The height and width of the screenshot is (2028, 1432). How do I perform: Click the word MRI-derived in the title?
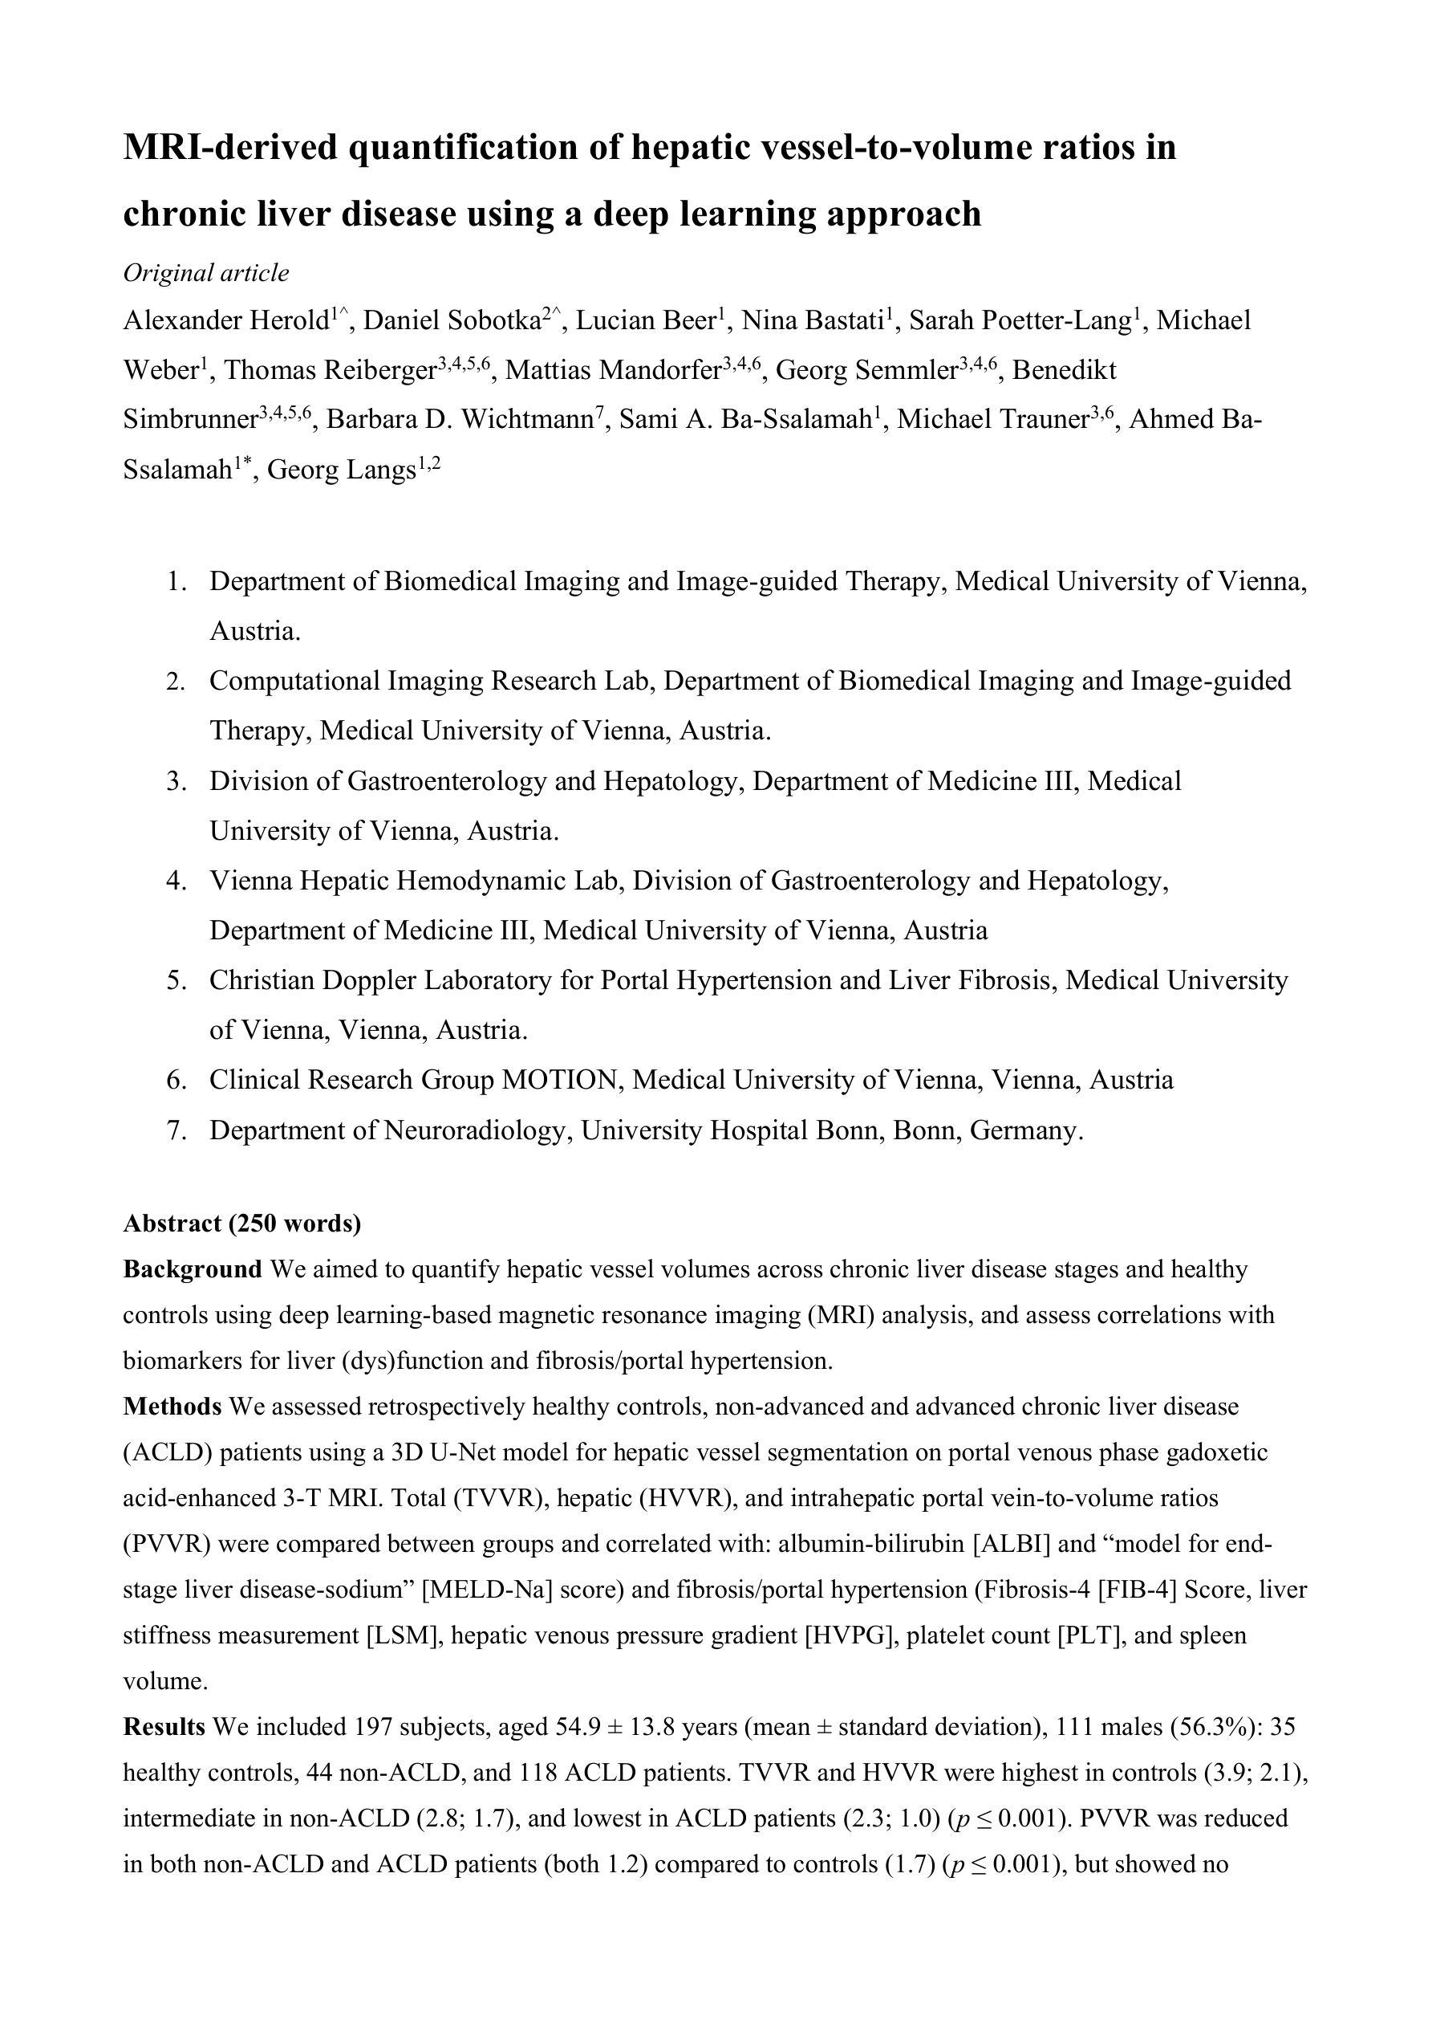pyautogui.click(x=230, y=147)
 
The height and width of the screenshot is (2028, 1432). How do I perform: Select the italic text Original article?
pyautogui.click(x=205, y=273)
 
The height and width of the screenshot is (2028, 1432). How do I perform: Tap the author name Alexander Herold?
pyautogui.click(x=226, y=320)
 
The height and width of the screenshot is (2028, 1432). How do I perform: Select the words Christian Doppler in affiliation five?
pyautogui.click(x=306, y=980)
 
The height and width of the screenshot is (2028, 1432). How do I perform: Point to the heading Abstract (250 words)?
pyautogui.click(x=242, y=1224)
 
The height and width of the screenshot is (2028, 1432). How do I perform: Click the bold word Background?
pyautogui.click(x=193, y=1269)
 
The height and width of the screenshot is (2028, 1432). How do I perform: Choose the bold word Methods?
pyautogui.click(x=172, y=1406)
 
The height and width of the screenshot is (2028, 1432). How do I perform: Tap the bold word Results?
pyautogui.click(x=164, y=1726)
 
